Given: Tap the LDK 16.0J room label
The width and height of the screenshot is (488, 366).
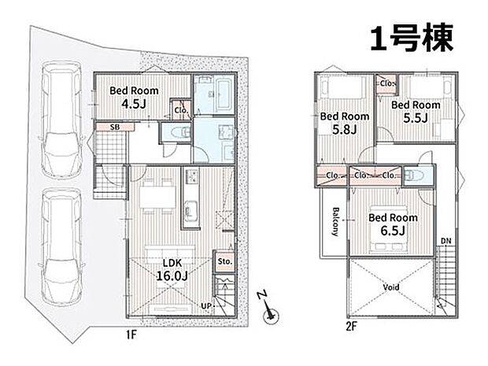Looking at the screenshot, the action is (x=172, y=269).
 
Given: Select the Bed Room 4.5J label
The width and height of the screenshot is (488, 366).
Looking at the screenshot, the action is (x=134, y=97).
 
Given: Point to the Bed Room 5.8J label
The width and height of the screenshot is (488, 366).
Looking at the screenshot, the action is (x=345, y=123).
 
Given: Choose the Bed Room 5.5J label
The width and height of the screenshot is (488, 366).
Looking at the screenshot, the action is (x=416, y=112).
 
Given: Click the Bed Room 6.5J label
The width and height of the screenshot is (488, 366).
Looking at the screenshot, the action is (x=393, y=224).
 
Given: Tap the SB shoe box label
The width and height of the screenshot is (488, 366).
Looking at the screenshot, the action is (x=115, y=127).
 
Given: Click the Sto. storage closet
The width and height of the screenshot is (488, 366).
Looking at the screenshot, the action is (x=224, y=261).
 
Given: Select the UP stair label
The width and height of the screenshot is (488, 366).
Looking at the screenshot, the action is (x=206, y=306).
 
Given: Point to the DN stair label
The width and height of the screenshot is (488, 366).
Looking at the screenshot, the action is (x=446, y=241).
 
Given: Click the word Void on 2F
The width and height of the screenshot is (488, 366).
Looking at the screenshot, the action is (x=391, y=287).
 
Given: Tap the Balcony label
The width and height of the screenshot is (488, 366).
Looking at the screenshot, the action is (x=335, y=221).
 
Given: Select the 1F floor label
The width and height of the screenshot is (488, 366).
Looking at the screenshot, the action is (x=131, y=335).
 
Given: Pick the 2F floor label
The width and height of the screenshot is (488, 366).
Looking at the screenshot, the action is (x=351, y=327).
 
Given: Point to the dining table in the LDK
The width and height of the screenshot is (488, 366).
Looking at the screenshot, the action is (x=157, y=197).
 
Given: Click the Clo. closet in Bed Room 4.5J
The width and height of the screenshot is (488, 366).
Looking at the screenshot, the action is (x=181, y=110).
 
